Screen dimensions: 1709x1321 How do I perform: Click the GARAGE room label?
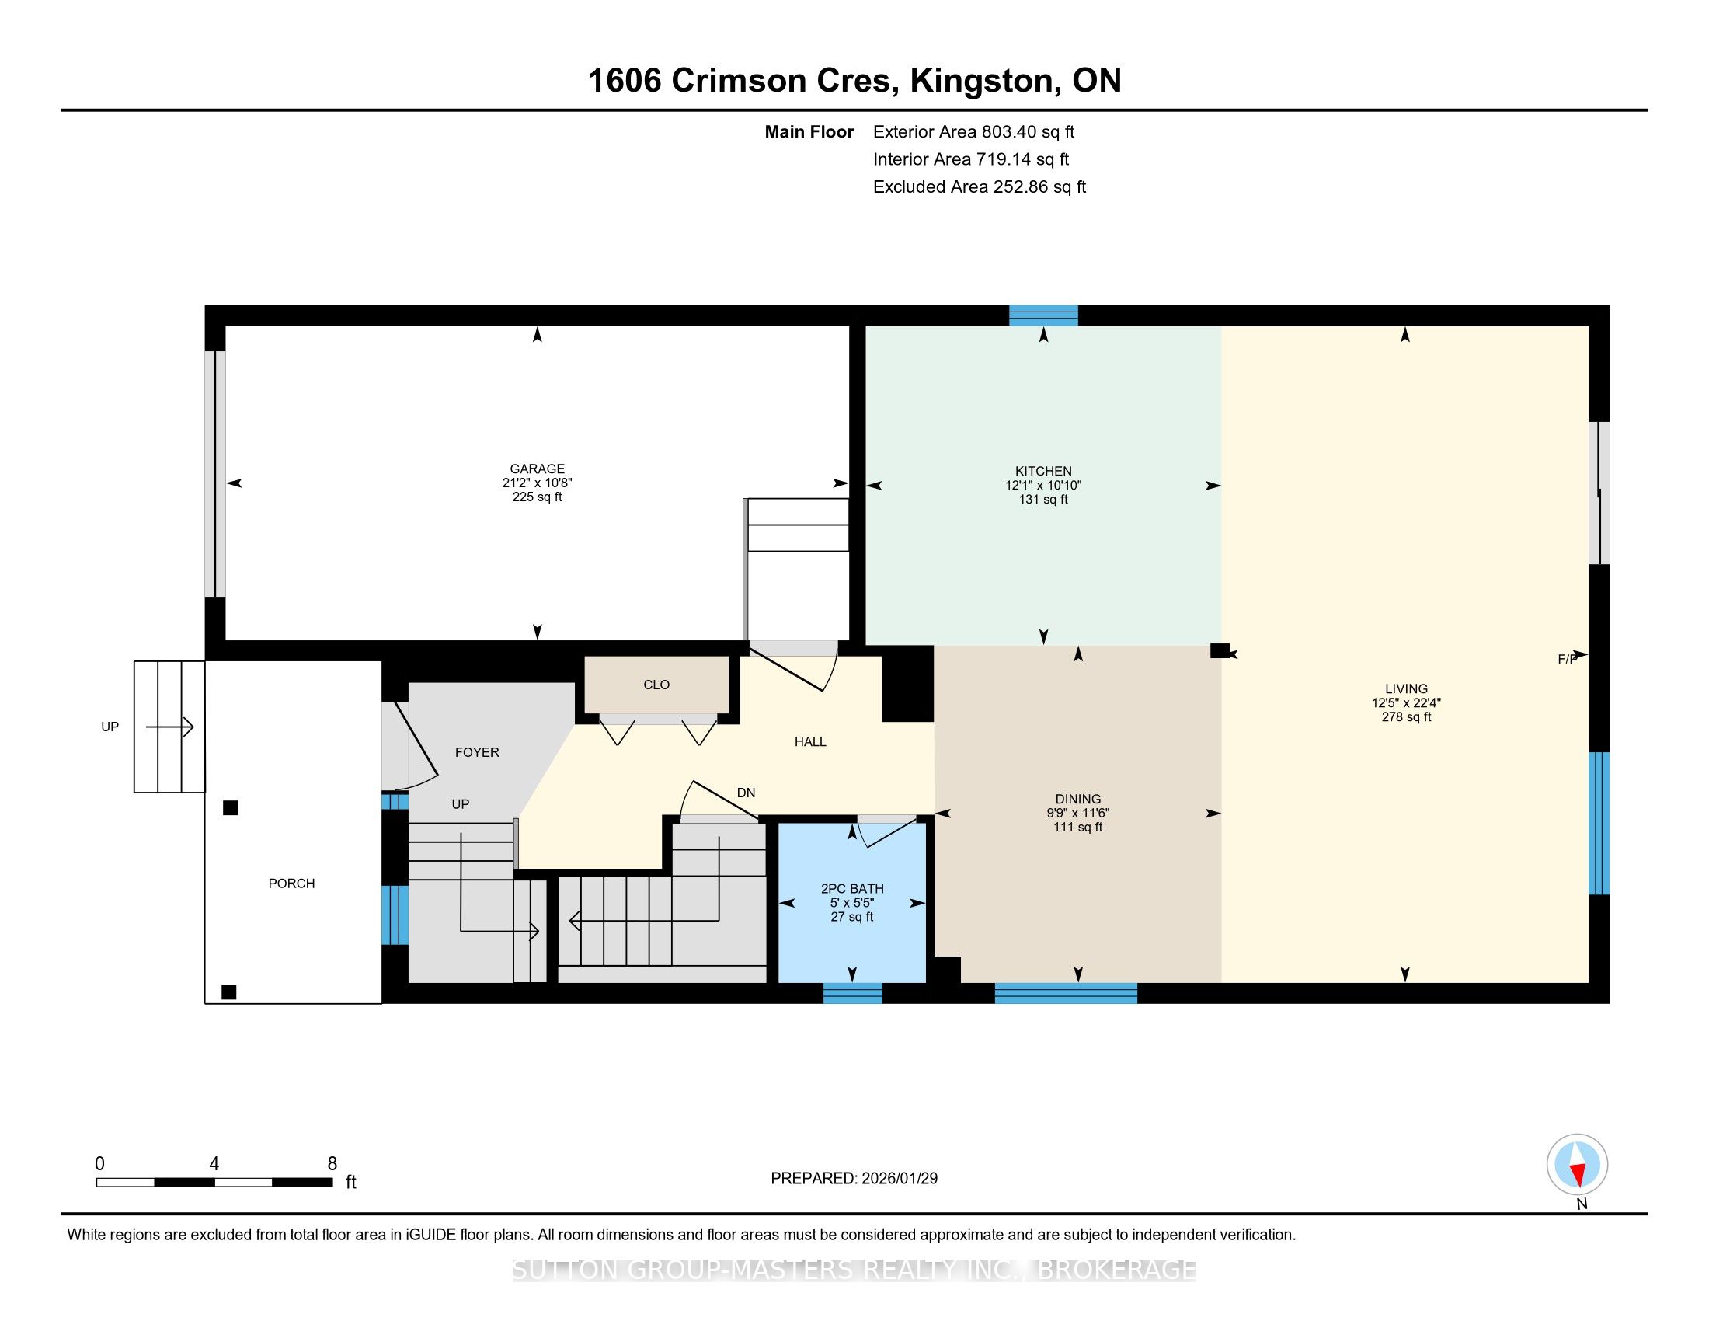click(x=537, y=469)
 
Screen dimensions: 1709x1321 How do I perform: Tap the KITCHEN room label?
click(x=1043, y=471)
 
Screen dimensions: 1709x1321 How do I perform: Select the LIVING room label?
click(x=1406, y=689)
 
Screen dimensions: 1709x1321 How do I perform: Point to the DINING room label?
click(x=1078, y=799)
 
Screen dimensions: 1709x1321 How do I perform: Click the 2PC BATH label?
click(x=852, y=889)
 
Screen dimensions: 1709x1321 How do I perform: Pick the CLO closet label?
click(x=656, y=685)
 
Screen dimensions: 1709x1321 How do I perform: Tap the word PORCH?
click(x=292, y=884)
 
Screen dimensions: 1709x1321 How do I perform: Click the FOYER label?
click(x=477, y=752)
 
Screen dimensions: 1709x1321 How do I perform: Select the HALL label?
click(x=811, y=742)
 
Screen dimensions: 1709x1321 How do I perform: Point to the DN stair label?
click(x=747, y=793)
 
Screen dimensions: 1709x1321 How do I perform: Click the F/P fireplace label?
click(x=1567, y=660)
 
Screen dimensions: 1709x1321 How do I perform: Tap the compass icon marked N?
click(x=1578, y=1165)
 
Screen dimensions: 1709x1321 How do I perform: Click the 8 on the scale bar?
click(x=332, y=1163)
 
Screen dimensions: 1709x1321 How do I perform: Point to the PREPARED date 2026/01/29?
click(x=899, y=1179)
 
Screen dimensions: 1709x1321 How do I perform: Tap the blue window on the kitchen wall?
click(x=1043, y=315)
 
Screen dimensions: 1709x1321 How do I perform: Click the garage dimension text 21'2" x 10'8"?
click(x=537, y=483)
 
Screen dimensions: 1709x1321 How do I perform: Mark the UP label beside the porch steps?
click(x=110, y=727)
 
